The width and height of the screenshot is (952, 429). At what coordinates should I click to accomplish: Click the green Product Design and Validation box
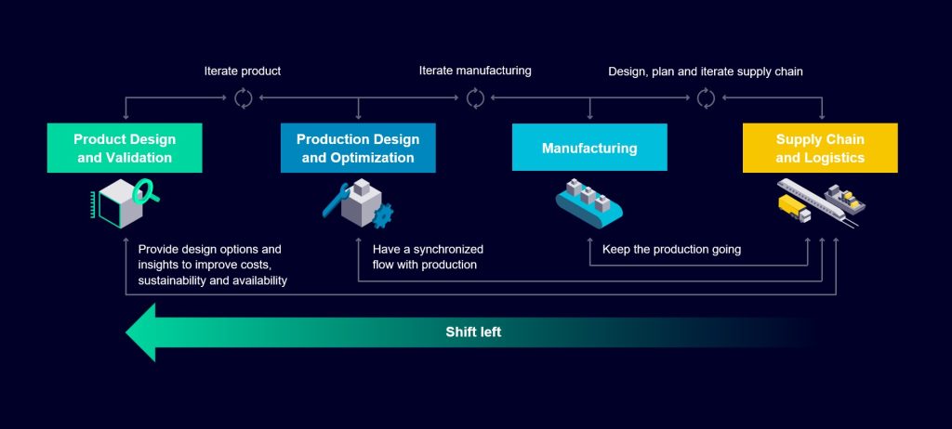pyautogui.click(x=125, y=149)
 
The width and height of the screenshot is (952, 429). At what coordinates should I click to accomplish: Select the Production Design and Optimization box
pyautogui.click(x=358, y=149)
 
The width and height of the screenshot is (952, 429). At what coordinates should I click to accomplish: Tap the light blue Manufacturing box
pyautogui.click(x=589, y=148)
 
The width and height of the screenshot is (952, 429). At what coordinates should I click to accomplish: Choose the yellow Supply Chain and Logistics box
pyautogui.click(x=820, y=149)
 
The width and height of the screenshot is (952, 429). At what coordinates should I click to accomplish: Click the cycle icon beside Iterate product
pyautogui.click(x=244, y=97)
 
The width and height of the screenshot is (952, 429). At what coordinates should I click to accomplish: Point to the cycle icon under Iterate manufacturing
pyautogui.click(x=475, y=97)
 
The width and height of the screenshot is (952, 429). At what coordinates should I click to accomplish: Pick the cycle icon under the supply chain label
pyautogui.click(x=706, y=97)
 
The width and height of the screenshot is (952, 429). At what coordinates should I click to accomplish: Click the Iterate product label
pyautogui.click(x=243, y=71)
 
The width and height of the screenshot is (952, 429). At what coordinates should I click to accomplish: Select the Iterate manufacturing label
pyautogui.click(x=475, y=71)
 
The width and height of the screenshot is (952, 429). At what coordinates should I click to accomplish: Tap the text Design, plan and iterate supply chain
pyautogui.click(x=705, y=71)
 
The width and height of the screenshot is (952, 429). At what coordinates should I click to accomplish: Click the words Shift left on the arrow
pyautogui.click(x=473, y=331)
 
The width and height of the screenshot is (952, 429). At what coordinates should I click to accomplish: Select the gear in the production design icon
pyautogui.click(x=382, y=216)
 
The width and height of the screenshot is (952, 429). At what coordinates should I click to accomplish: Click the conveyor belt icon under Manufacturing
pyautogui.click(x=588, y=203)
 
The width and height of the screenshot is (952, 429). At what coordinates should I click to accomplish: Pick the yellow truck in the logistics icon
pyautogui.click(x=793, y=209)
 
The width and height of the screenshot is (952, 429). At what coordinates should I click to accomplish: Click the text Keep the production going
pyautogui.click(x=671, y=250)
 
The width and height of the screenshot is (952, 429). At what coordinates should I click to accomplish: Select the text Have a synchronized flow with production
pyautogui.click(x=428, y=257)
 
